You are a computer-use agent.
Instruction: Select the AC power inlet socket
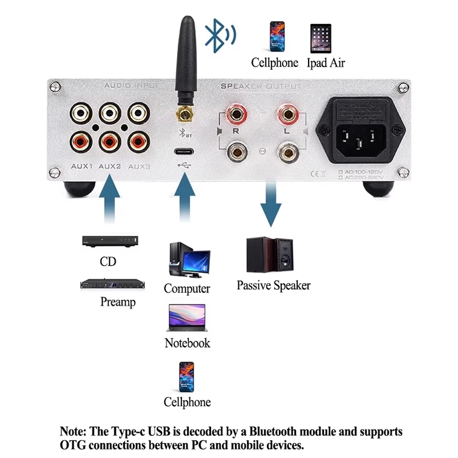(x=358, y=132)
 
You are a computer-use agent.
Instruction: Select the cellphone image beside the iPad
(x=277, y=37)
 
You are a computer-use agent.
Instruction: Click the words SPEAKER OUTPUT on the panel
(x=261, y=86)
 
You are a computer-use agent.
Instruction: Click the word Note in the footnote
(x=73, y=431)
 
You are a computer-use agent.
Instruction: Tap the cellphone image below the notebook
(x=187, y=376)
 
